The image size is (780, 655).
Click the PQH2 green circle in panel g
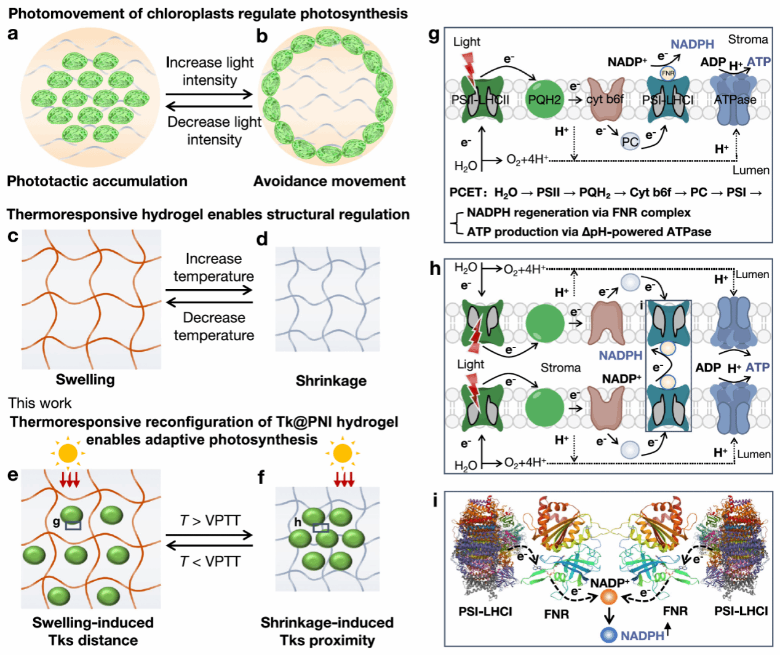[544, 100]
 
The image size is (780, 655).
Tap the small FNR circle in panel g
[668, 73]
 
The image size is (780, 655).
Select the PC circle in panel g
[630, 142]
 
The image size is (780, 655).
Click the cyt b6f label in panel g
[605, 100]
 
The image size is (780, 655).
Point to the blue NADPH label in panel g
[692, 44]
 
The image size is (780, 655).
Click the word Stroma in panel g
[748, 39]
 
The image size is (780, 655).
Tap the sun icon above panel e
[68, 453]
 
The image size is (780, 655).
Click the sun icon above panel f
[343, 453]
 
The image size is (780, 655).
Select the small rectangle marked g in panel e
[73, 525]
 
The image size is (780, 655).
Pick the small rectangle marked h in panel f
[320, 528]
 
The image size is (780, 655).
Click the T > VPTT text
[210, 520]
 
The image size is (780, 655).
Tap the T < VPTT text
[210, 562]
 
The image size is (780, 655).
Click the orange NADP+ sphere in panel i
[609, 597]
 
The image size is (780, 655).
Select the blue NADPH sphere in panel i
[608, 635]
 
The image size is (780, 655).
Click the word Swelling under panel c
[85, 380]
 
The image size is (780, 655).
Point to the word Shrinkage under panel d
[331, 381]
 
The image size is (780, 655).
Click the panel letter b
[262, 36]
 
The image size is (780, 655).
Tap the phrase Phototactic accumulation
[97, 181]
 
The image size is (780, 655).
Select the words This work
[39, 403]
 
